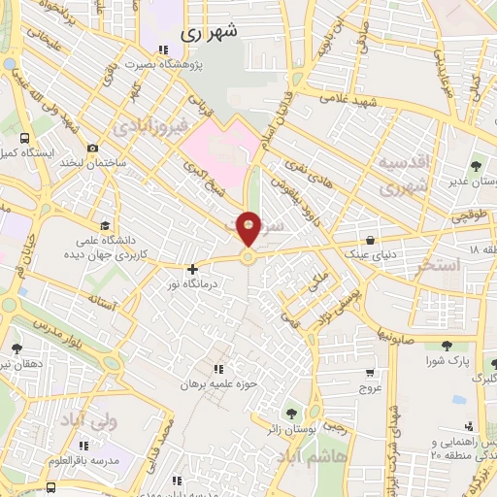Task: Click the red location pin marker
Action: pos(248,228)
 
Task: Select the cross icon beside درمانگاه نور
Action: pos(192,269)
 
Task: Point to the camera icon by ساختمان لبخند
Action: pos(91,149)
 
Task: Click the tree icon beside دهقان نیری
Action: pos(17,348)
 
